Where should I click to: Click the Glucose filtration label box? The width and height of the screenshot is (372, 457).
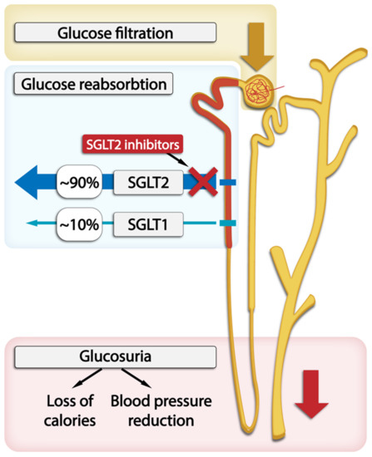click(x=114, y=33)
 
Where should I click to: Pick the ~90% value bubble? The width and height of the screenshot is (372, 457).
click(x=78, y=179)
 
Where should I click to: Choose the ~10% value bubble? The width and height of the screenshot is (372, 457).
click(x=78, y=223)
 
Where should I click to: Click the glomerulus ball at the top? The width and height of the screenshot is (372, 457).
click(x=255, y=85)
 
